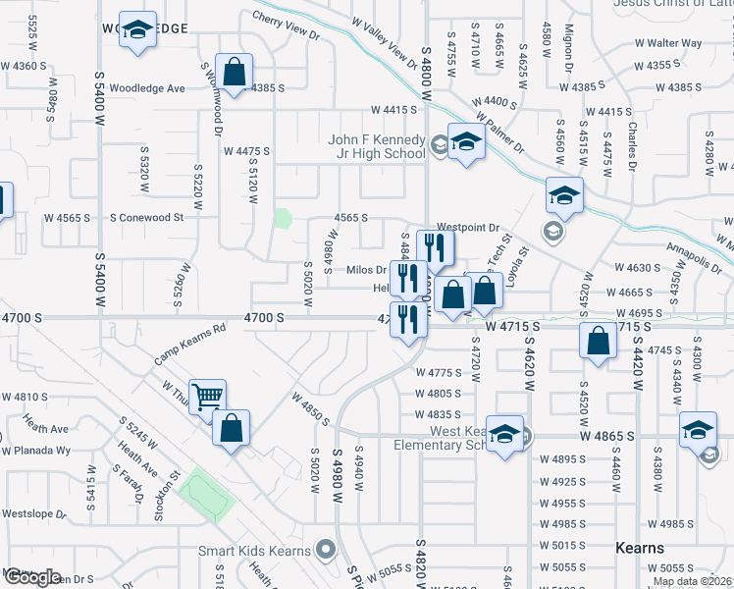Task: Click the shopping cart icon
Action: tap(208, 397)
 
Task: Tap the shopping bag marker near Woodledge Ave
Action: tap(234, 72)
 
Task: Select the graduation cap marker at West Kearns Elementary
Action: tap(503, 434)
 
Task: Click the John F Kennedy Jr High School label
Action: tap(377, 146)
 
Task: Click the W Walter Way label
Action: tap(667, 43)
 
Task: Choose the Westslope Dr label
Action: tap(33, 513)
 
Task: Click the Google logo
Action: tap(31, 577)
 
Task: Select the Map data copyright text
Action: tap(692, 581)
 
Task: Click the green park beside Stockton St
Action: tap(207, 496)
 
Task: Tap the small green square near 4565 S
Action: tap(283, 218)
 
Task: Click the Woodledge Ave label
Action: tap(147, 88)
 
